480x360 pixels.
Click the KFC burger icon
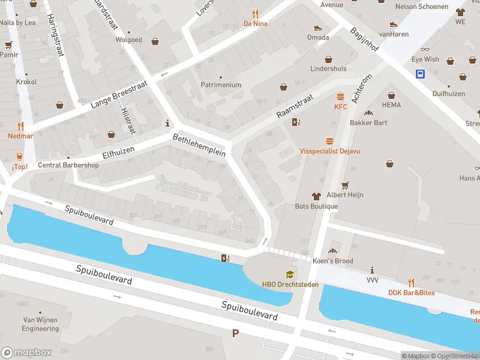pos(341,96)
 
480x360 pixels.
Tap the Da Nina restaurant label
pos(255,24)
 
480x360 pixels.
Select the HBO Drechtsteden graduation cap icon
pos(290,274)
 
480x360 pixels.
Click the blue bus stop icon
pos(421,74)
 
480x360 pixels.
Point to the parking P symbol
pos(235,333)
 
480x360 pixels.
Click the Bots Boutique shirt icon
pos(316,196)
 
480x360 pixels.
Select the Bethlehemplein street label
pos(199,145)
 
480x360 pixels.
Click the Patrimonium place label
pos(221,85)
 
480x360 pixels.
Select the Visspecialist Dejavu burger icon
pos(329,141)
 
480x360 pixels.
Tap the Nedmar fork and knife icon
pos(20,126)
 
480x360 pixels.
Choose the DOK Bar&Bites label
pos(411,293)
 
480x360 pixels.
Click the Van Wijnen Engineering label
pos(41,324)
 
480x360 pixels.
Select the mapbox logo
pos(26,353)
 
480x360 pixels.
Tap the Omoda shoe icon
pos(317,28)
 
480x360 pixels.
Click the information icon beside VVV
pos(373,270)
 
